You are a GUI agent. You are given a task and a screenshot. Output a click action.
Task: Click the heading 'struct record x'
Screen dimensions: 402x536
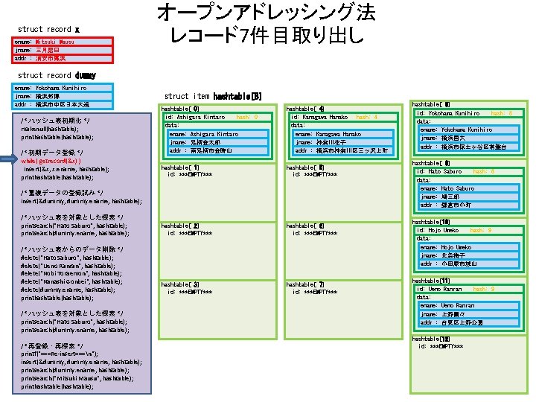(x=48, y=29)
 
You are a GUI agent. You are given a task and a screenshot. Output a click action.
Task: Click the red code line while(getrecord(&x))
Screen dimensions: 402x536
(x=51, y=160)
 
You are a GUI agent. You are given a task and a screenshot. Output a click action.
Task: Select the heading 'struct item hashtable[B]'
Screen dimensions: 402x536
(x=212, y=97)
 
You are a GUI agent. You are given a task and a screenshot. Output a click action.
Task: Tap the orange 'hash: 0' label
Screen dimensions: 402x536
(x=246, y=117)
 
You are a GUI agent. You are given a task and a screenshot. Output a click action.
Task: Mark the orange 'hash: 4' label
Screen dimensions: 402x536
(x=366, y=117)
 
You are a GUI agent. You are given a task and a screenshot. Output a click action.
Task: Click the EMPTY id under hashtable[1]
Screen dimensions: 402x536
(x=190, y=174)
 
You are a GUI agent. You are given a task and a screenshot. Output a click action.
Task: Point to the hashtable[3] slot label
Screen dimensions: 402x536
(x=180, y=284)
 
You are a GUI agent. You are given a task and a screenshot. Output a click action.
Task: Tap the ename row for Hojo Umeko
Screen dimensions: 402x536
(x=445, y=247)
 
